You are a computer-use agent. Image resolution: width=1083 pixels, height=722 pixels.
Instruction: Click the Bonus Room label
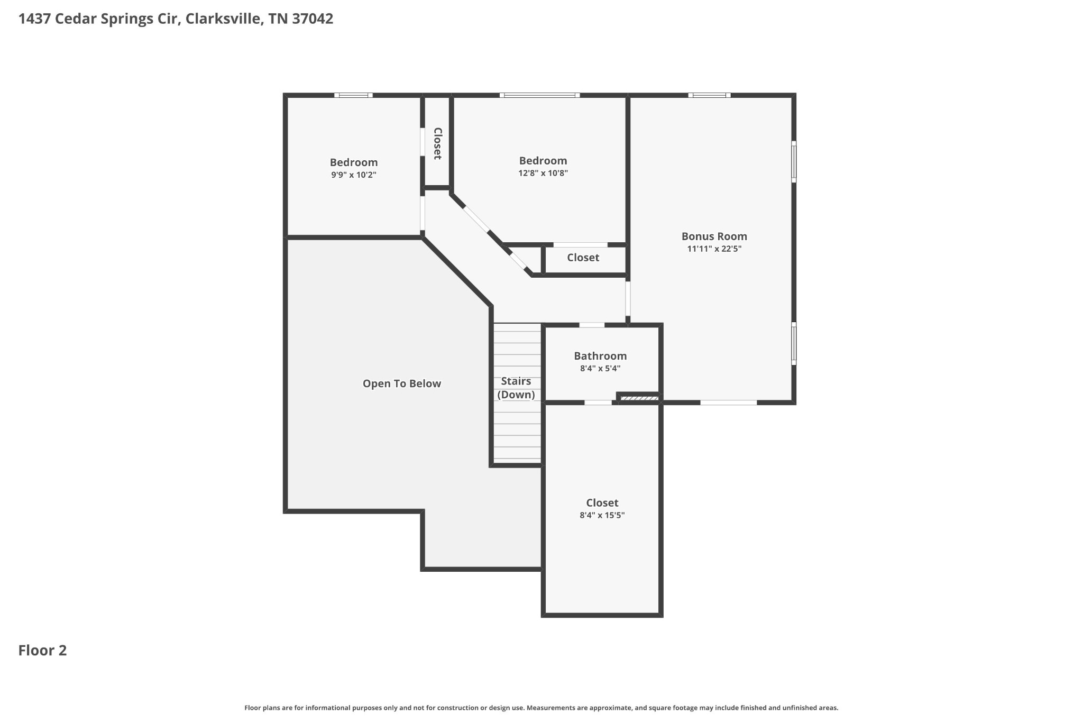(714, 236)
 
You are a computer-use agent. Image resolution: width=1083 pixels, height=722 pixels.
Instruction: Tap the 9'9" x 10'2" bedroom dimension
(353, 175)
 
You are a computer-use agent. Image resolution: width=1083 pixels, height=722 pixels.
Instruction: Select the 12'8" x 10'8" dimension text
(543, 173)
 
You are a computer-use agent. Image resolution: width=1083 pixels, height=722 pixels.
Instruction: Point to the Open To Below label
(401, 383)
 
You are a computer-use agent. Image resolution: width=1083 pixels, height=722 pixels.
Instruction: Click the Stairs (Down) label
(516, 388)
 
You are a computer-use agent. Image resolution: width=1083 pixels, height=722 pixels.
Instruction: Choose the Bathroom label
(600, 356)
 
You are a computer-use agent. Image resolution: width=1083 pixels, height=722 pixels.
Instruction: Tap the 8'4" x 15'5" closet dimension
(602, 515)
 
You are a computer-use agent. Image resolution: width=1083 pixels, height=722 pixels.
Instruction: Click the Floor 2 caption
(42, 650)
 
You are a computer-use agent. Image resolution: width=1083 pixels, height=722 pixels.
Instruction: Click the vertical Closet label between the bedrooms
(437, 143)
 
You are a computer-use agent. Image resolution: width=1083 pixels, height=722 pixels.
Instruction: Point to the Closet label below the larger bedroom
(583, 258)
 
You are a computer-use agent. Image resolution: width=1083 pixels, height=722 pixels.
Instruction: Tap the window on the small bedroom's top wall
(353, 95)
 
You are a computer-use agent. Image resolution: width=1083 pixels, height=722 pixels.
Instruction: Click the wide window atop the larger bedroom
(539, 95)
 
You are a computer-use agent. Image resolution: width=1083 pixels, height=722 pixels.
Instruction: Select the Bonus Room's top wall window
(709, 95)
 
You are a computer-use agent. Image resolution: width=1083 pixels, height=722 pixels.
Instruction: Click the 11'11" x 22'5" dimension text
(714, 249)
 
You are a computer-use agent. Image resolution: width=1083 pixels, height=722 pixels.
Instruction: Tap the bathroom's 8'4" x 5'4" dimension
(600, 369)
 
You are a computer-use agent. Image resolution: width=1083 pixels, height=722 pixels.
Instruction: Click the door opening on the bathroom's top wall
(592, 325)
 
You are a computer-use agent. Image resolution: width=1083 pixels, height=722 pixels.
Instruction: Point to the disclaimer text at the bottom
(541, 708)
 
